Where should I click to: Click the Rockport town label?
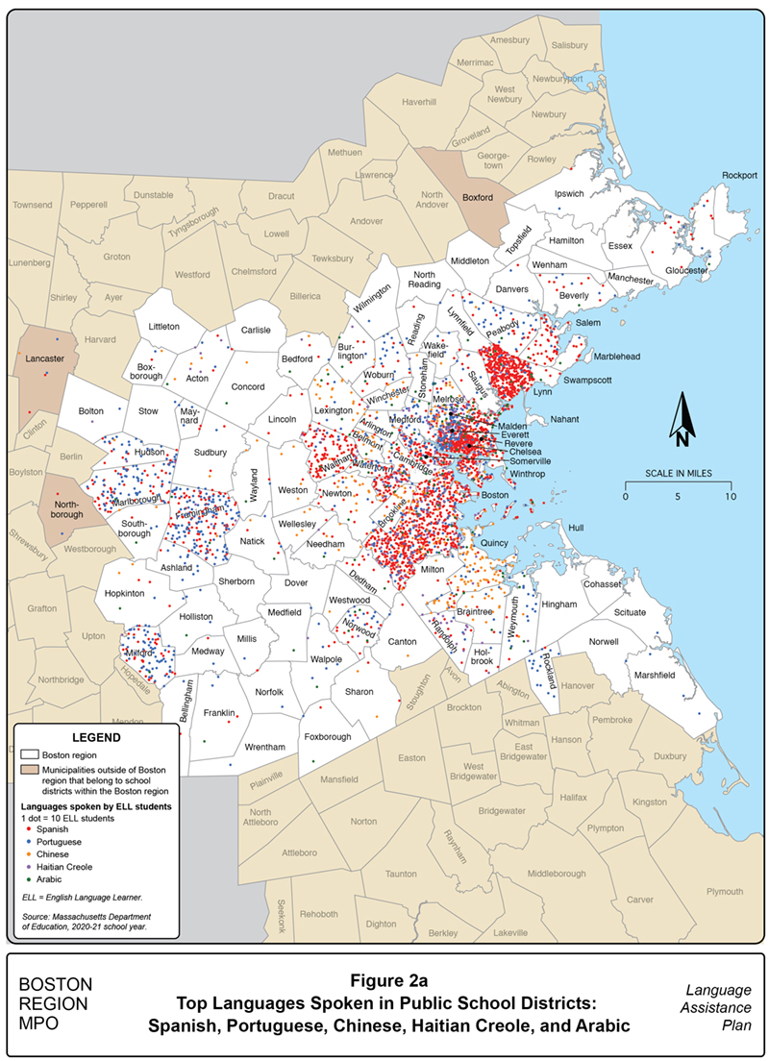pos(740,175)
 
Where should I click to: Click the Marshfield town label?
pos(655,675)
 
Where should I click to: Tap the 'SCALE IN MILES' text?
pos(677,475)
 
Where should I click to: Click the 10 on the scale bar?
pos(730,496)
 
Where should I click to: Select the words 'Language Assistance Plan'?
pos(713,1009)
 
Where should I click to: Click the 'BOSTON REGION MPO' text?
pos(56,1004)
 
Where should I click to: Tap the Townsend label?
pos(33,205)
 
